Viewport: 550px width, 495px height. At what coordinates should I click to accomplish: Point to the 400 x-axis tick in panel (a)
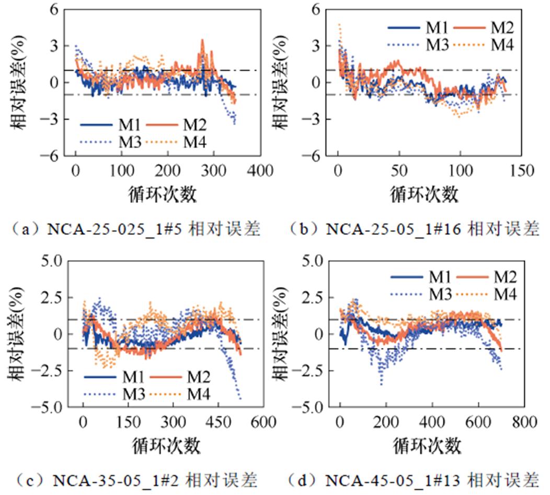click(260, 171)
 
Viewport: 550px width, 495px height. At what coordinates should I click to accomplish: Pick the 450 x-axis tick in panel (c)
click(220, 422)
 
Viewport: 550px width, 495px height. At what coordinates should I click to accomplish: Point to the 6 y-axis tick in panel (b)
click(315, 9)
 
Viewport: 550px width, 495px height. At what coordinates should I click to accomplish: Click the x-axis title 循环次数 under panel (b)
click(425, 195)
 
